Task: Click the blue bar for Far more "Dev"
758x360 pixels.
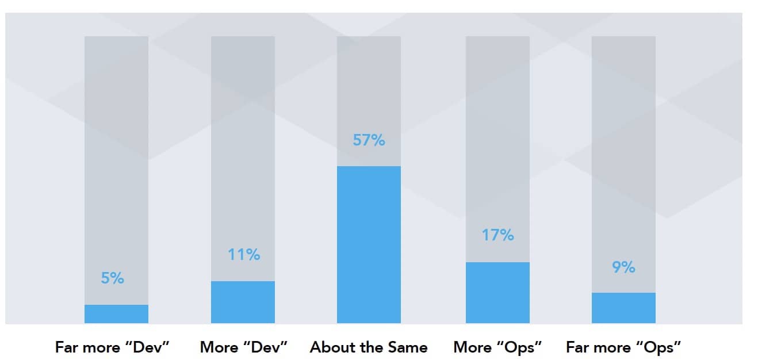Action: (116, 314)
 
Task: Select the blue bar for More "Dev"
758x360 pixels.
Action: (243, 302)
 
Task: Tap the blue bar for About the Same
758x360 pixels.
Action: (369, 244)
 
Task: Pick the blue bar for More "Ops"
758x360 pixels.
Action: (497, 292)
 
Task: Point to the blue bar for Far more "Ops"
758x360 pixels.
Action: (623, 308)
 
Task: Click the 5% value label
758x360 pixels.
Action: (113, 278)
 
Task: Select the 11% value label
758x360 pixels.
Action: (244, 254)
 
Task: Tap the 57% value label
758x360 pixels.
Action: (369, 140)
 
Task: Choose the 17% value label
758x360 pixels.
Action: (498, 235)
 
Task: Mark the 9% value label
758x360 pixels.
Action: (623, 267)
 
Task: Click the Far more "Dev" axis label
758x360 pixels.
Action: (113, 347)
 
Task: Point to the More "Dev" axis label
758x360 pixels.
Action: (243, 347)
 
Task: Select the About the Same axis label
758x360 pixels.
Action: (369, 347)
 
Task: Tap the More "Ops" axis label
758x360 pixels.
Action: (498, 347)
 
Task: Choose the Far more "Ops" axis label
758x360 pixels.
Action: (623, 347)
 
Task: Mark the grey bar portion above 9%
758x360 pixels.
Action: (623, 144)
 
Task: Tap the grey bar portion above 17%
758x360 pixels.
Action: (497, 127)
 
